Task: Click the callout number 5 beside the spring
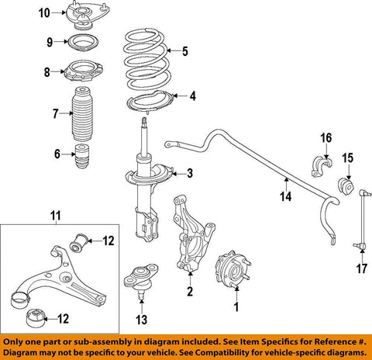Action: pyautogui.click(x=184, y=53)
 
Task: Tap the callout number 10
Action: pyautogui.click(x=44, y=12)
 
